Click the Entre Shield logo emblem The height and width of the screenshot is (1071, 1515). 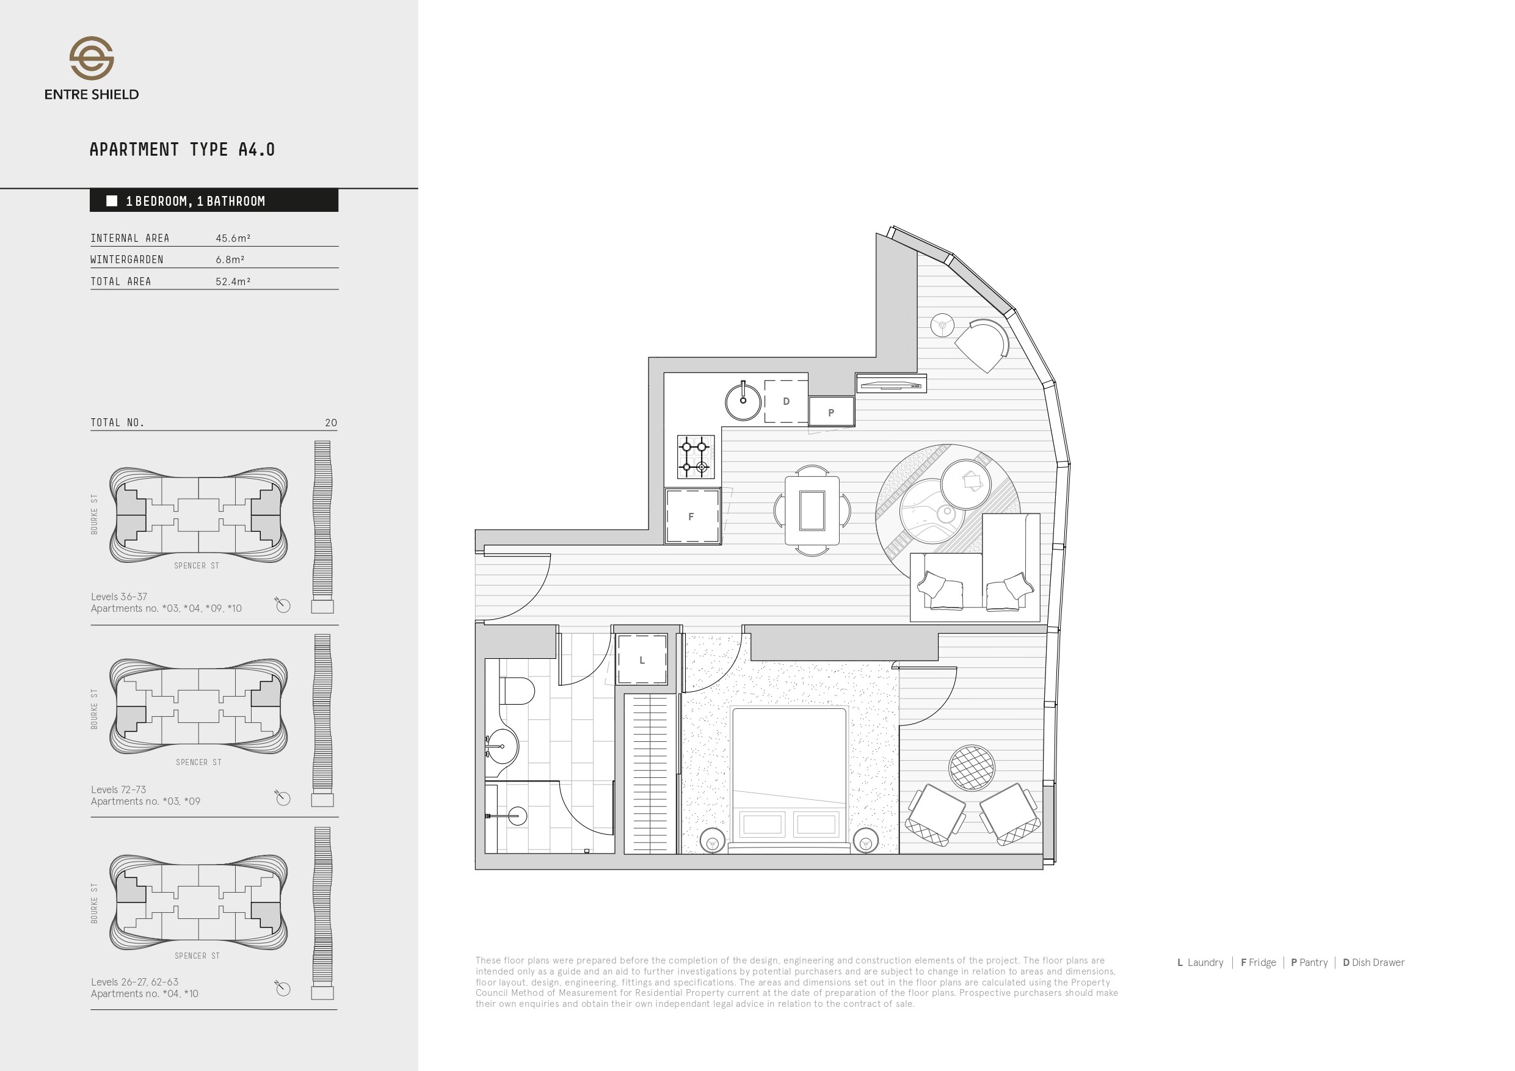pos(92,58)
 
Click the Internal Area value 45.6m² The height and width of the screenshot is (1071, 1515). pos(233,238)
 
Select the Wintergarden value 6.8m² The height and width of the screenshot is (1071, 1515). pos(230,260)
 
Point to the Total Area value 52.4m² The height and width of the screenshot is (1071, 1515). pos(233,281)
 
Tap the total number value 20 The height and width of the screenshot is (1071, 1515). pos(331,423)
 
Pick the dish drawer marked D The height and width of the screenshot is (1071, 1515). pos(786,401)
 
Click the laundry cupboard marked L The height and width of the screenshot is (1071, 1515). pos(641,659)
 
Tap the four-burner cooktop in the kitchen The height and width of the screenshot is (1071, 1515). pos(696,457)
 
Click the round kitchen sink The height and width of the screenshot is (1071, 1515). pos(743,401)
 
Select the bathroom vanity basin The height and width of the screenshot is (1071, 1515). pos(502,746)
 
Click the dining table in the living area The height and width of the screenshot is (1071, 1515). pos(812,510)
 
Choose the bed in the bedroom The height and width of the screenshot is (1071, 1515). pos(789,779)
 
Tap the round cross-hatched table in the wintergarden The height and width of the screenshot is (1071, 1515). pos(972,768)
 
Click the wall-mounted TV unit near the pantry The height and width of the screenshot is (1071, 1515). pos(892,383)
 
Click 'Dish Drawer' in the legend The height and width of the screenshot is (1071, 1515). pos(1378,963)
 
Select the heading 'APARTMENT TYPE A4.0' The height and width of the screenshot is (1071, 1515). pos(182,150)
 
